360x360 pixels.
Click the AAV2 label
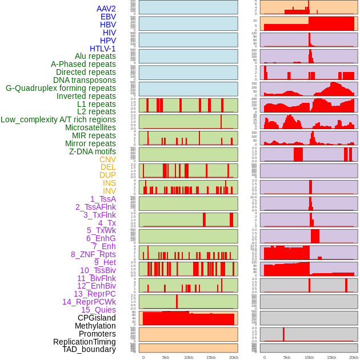point(106,9)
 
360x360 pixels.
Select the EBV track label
point(108,17)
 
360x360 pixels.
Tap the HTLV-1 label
point(103,49)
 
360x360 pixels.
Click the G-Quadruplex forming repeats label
point(61,88)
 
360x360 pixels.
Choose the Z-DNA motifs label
point(93,151)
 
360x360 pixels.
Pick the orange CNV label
point(107,159)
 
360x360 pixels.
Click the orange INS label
point(109,183)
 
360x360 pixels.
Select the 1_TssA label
point(103,199)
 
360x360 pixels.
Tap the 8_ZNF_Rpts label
point(93,254)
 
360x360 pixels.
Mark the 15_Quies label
point(97,310)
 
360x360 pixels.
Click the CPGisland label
point(97,318)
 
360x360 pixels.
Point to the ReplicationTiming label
point(85,342)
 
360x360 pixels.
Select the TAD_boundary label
point(89,349)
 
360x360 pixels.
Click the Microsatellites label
point(90,127)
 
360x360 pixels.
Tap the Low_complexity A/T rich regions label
point(58,119)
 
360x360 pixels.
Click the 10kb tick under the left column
point(188,357)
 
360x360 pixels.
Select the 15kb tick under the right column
point(331,357)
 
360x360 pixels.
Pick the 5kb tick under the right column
point(287,357)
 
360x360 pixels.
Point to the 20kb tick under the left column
point(233,357)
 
